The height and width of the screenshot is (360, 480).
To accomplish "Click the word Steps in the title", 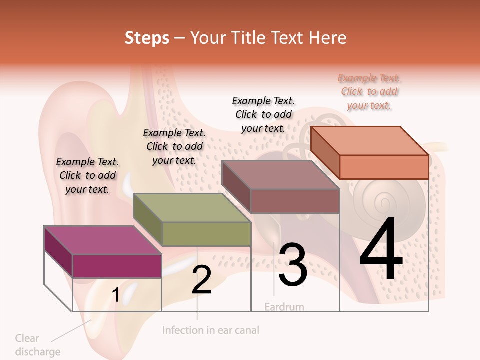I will [147, 38].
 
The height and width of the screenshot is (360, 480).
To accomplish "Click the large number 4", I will [381, 250].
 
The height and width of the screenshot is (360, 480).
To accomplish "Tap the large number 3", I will [292, 265].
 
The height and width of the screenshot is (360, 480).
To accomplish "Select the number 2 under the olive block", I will [201, 280].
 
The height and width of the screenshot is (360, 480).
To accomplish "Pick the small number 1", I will [115, 295].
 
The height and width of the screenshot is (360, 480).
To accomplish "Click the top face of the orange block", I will [370, 141].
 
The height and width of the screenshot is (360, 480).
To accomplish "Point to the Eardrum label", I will [284, 306].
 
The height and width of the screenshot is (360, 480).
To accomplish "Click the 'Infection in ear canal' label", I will [211, 330].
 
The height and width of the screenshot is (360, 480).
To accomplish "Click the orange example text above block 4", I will [369, 92].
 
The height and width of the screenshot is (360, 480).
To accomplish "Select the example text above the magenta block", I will [87, 175].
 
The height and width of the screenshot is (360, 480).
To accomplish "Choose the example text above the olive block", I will [174, 146].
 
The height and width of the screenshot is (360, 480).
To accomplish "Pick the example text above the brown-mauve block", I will [263, 114].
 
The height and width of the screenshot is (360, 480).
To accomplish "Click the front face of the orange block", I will [384, 167].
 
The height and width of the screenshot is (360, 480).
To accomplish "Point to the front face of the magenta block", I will [117, 266].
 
